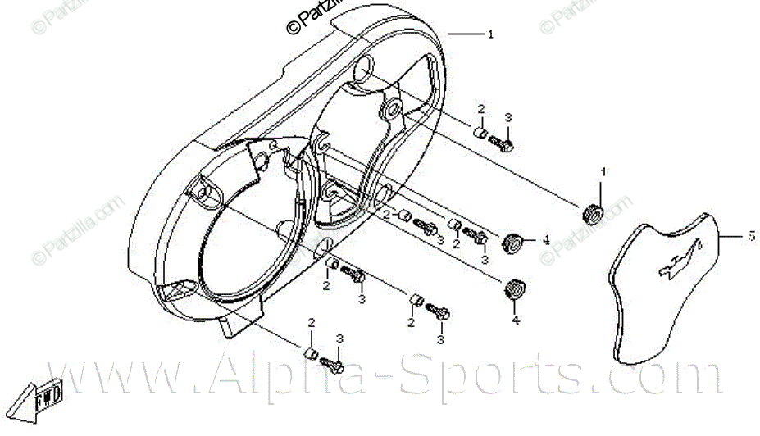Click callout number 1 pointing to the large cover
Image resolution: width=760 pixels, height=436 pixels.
(x=490, y=35)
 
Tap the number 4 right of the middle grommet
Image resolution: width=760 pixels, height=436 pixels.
(x=545, y=241)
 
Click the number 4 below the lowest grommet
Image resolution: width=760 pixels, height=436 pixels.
(x=516, y=320)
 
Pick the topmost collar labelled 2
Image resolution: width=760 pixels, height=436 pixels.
(x=483, y=131)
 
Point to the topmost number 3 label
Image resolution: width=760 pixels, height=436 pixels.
(x=507, y=118)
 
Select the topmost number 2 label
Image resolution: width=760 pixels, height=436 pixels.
(x=482, y=109)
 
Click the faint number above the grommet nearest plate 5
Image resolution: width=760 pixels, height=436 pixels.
(x=603, y=173)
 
